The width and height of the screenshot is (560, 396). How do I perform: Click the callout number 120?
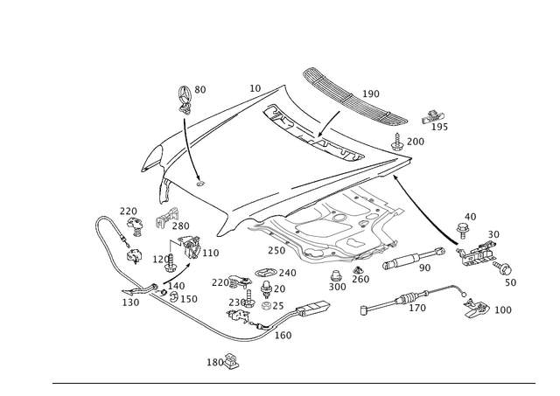[x=419, y=309]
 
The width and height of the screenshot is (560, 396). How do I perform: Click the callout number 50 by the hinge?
[x=493, y=235]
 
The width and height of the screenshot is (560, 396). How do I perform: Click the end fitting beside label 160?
[x=477, y=309]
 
